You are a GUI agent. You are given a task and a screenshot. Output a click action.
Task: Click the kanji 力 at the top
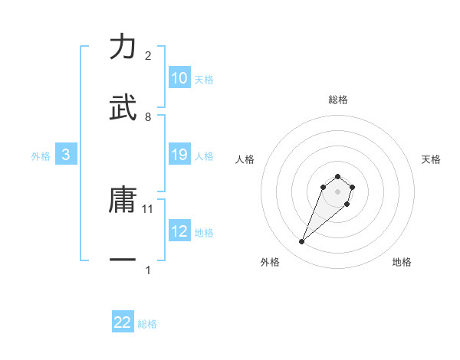123,47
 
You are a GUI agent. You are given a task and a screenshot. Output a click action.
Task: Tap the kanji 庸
123,201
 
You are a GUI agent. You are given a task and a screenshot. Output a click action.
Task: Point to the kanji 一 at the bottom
123,260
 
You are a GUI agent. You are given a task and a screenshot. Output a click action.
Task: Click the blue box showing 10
179,78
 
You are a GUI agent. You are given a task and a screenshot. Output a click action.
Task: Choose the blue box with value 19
179,155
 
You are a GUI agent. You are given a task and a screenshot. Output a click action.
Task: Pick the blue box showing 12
179,231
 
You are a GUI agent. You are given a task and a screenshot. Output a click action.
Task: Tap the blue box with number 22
123,322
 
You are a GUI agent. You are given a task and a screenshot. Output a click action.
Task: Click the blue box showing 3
66,155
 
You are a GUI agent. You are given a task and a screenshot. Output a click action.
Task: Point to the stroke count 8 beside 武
148,116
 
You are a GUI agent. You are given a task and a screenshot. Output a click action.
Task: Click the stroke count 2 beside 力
148,56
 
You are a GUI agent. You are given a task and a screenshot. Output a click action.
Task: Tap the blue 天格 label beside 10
204,79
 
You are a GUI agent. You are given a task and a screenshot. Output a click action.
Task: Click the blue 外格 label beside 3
41,155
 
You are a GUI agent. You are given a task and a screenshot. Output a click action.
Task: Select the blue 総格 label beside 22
148,324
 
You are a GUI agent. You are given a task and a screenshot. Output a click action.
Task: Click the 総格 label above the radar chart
338,100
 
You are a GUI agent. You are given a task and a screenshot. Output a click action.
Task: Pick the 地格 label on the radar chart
402,262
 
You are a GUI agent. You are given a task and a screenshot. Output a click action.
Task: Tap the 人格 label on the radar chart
245,159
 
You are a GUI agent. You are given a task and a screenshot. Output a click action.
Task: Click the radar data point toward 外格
302,242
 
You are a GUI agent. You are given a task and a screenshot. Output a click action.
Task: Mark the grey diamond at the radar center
337,191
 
